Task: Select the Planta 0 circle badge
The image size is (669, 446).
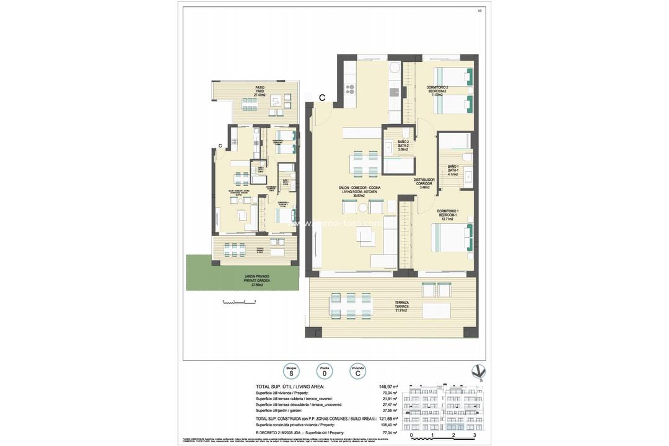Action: coord(323,371)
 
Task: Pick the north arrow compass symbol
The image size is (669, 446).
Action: coord(478,372)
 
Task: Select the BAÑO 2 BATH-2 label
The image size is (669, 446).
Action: coord(403,146)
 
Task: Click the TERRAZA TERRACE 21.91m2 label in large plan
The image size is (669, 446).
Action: coord(403,306)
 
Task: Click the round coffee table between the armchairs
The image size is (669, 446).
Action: coord(363,208)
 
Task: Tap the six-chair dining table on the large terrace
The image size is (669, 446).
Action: coord(351,305)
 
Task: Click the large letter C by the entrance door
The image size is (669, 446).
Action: coord(323,97)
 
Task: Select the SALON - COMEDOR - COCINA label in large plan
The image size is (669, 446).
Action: coord(359,191)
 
